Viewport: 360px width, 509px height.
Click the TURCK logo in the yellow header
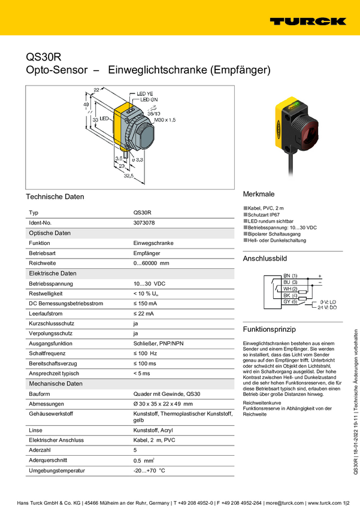tap(307, 21)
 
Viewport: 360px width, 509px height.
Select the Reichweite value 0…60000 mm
tap(151, 263)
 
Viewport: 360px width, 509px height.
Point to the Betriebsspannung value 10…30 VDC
tap(149, 283)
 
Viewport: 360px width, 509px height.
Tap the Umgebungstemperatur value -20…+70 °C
tap(149, 471)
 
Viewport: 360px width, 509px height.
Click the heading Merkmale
tap(259, 195)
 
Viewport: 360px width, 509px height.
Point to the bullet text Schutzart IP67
tap(263, 214)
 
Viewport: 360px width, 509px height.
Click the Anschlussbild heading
tap(265, 259)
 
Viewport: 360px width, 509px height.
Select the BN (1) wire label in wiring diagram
tap(291, 275)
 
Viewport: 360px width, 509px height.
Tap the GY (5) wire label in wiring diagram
tap(291, 301)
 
